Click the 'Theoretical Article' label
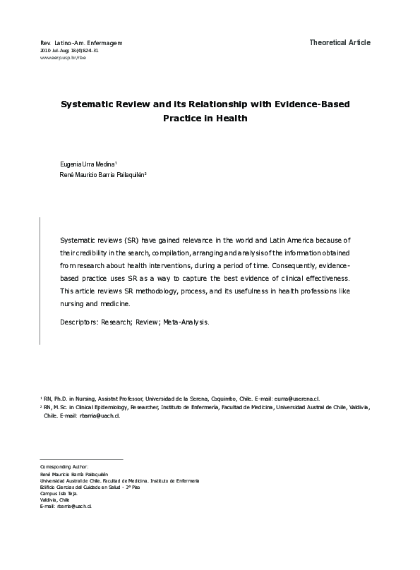[339, 43]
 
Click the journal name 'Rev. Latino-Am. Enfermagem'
[82, 44]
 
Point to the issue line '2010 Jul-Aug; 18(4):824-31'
[69, 51]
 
